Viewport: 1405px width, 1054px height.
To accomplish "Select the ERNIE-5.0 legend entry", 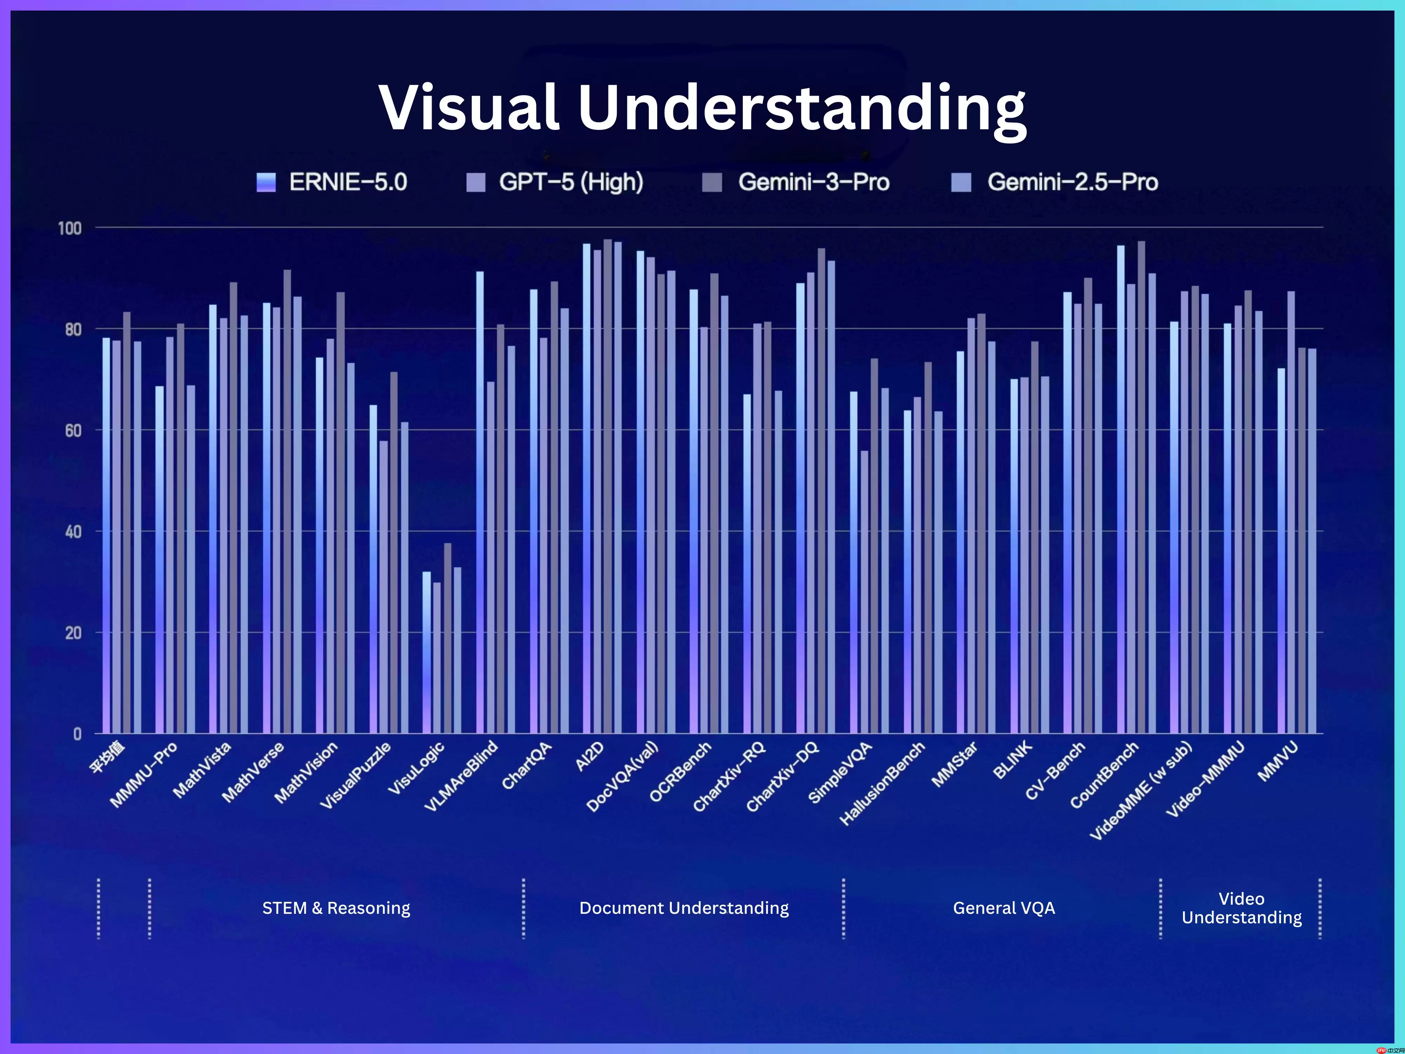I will tap(332, 182).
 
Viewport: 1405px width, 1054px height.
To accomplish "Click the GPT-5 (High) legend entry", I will tap(555, 182).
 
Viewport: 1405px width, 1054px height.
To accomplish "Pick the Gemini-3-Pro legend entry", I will tap(796, 182).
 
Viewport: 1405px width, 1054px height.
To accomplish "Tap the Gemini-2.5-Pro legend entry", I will tap(1054, 182).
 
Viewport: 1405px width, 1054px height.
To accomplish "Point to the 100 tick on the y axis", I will tap(70, 228).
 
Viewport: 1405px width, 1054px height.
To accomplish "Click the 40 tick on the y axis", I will tap(73, 532).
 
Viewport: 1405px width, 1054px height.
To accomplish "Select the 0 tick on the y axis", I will tap(77, 734).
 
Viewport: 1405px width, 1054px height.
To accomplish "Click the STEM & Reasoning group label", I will tap(336, 908).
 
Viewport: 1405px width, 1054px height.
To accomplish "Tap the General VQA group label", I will tap(1004, 908).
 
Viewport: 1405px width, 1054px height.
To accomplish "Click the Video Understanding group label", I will tap(1241, 908).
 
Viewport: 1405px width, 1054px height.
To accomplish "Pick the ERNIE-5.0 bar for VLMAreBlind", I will tap(479, 502).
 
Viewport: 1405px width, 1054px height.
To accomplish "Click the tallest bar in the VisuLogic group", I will tap(447, 638).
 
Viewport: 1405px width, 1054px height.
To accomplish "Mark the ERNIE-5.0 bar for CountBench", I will tap(1120, 489).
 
